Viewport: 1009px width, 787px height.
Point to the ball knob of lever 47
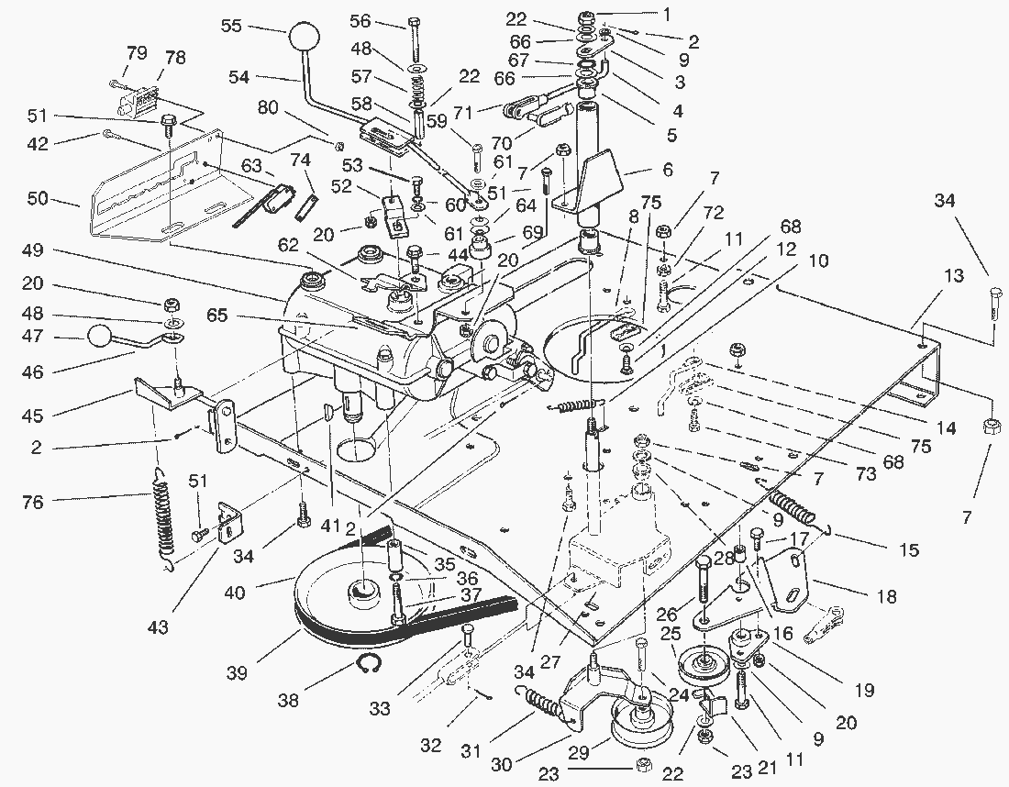(x=100, y=337)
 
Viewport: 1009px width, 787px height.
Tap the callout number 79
(x=137, y=53)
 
